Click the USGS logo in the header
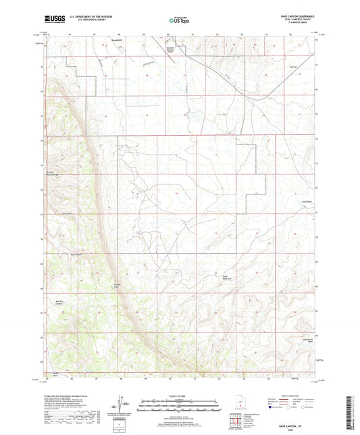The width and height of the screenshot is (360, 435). tap(53, 20)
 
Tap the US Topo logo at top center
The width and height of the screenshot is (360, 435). tap(178, 21)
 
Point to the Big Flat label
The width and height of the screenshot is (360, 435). tap(292, 67)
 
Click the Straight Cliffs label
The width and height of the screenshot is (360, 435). tap(117, 284)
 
